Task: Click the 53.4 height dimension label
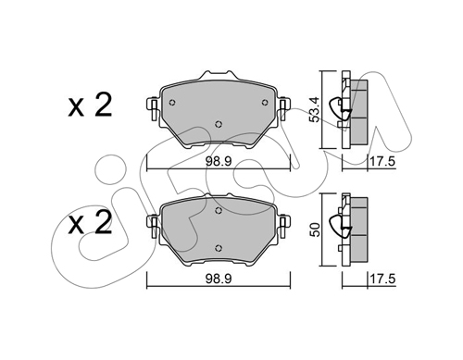[x=314, y=109]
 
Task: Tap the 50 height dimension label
[x=314, y=230]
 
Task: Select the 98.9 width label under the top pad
[x=219, y=161]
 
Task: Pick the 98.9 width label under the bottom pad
[x=219, y=279]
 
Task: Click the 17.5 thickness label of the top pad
[x=382, y=161]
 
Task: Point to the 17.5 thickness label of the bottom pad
[x=382, y=279]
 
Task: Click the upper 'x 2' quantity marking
[x=90, y=106]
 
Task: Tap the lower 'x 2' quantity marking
[x=90, y=223]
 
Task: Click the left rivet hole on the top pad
[x=172, y=103]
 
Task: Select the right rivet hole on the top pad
[x=265, y=103]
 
